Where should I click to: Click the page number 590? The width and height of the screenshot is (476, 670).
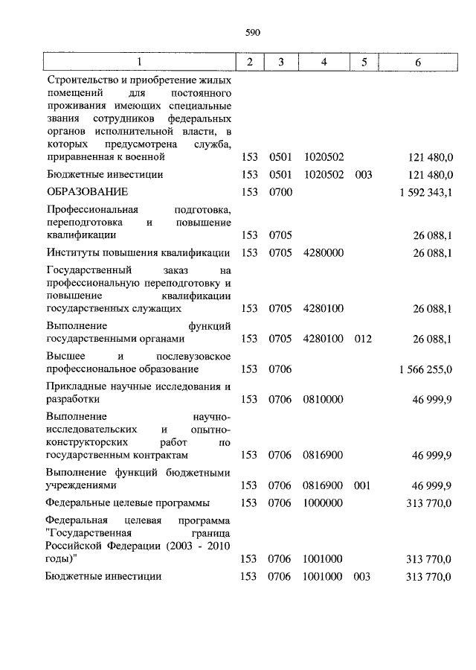click(x=251, y=32)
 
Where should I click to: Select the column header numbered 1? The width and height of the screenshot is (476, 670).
click(x=138, y=62)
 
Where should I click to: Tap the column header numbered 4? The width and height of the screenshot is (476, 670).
click(x=324, y=62)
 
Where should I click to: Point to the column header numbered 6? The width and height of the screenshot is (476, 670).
click(x=418, y=62)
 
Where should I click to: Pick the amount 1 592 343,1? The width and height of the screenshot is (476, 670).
click(x=426, y=192)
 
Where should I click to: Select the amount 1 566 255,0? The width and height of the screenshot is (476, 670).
click(x=426, y=368)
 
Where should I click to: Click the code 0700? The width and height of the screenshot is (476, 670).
click(x=281, y=192)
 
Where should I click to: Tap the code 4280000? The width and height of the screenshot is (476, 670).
click(x=324, y=253)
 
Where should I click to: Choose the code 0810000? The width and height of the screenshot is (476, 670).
click(x=324, y=399)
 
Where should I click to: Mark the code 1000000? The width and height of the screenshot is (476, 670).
click(x=324, y=502)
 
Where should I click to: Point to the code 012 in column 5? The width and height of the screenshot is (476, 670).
click(x=363, y=339)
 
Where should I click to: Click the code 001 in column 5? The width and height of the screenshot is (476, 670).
click(x=363, y=485)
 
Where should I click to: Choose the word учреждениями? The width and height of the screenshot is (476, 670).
click(x=81, y=485)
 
